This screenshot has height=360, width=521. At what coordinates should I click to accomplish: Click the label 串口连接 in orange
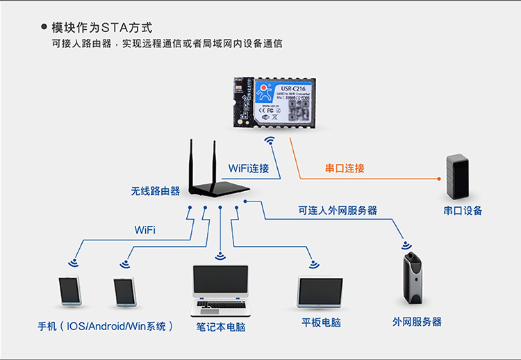(345, 169)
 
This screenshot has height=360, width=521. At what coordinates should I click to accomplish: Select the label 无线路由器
(155, 190)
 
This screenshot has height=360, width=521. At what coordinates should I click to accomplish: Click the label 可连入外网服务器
(338, 210)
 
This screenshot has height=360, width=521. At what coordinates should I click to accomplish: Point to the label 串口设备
(463, 211)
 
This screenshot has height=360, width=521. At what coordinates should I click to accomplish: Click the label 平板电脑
(321, 323)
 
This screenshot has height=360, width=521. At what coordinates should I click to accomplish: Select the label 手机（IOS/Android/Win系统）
(106, 326)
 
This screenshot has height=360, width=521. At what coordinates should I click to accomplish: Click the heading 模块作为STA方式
(101, 28)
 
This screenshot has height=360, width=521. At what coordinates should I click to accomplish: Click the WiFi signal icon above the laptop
(220, 256)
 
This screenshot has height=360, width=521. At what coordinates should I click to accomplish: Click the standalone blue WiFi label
(144, 229)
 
